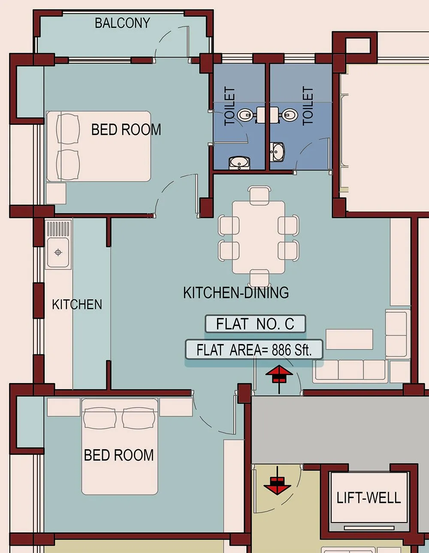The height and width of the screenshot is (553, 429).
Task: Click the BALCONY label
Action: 122,23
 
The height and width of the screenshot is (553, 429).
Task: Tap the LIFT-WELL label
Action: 369,498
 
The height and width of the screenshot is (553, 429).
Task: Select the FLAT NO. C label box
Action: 255,324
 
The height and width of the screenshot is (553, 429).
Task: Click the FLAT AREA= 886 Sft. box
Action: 254,350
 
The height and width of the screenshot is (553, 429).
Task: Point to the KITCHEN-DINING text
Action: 236,293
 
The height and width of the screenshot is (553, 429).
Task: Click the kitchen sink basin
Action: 59,252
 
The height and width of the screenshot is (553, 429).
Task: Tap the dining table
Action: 259,237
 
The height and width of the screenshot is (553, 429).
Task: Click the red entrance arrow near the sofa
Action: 279,376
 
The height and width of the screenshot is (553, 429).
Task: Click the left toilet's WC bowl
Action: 245,115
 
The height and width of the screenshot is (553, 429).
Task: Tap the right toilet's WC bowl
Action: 290,115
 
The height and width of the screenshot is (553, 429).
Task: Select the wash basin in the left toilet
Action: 239,163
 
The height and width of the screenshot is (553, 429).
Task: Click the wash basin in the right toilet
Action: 278,152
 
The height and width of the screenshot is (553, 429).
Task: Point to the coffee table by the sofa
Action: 349,339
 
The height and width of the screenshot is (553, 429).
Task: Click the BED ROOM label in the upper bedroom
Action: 126,130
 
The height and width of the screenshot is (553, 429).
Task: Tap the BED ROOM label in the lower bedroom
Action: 119,455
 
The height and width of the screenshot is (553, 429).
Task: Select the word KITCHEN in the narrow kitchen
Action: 77,305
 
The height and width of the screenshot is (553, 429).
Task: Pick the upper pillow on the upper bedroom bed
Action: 68,129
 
